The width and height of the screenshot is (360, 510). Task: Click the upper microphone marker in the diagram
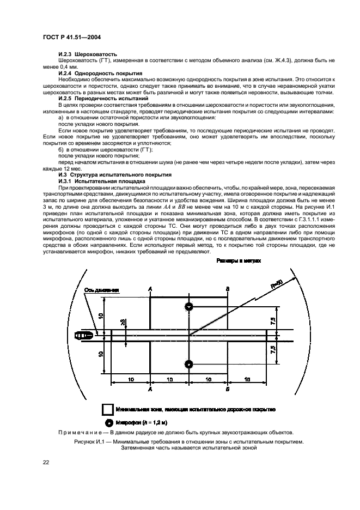189,307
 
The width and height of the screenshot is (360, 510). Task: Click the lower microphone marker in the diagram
189,363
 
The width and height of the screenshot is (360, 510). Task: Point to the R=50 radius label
277,284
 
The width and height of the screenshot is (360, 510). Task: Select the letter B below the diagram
228,390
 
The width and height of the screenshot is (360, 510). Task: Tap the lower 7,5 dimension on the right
272,349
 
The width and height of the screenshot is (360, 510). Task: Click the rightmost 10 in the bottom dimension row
247,378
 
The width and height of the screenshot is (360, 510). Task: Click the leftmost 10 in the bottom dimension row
131,378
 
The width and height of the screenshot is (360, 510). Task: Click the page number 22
46,462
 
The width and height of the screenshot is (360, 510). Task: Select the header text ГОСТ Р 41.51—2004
71,38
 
